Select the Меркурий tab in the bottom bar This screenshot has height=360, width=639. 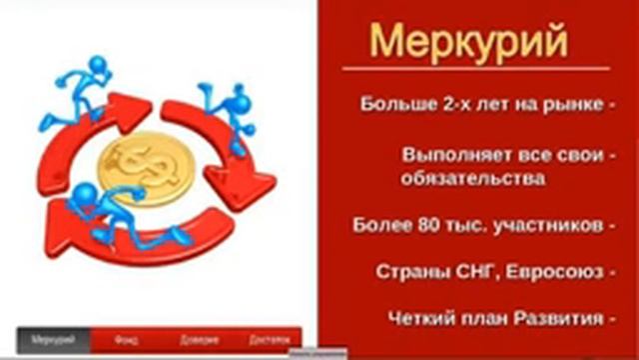54,340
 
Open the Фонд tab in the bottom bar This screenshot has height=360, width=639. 127,340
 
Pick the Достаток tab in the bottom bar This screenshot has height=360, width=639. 269,340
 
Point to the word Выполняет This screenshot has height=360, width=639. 448,156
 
